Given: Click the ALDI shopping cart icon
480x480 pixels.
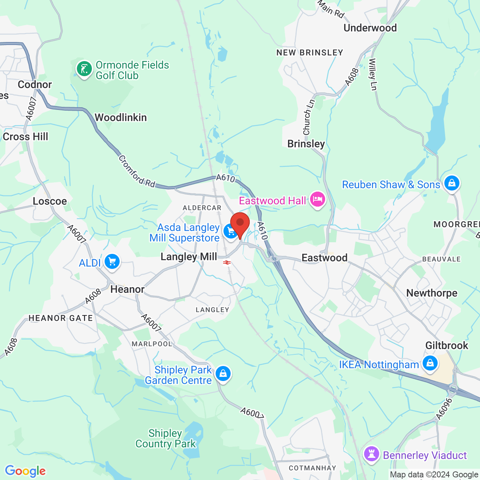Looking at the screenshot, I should tap(112, 262).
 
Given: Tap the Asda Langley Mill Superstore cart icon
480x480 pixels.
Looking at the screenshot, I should tap(230, 231).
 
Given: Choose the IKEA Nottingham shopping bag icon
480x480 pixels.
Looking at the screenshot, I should tap(430, 363).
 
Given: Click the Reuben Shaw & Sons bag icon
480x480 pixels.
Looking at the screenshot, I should tap(451, 183).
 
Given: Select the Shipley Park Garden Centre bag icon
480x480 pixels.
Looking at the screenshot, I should tap(223, 373).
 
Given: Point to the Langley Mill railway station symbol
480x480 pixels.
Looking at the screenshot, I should tap(227, 262).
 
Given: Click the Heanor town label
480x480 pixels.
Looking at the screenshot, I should tap(127, 289).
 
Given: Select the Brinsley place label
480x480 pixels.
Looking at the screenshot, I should tap(306, 144).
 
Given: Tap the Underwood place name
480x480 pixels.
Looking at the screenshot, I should tap(370, 28).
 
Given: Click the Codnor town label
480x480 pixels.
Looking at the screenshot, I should tap(35, 85).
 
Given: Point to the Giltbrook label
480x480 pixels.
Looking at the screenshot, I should tap(447, 345).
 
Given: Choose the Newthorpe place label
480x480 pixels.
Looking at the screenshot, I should tap(432, 293).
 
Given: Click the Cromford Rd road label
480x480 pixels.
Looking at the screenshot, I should tap(137, 171).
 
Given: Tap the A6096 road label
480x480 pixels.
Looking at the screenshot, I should tap(444, 409).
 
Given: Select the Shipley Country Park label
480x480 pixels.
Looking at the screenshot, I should tap(165, 439).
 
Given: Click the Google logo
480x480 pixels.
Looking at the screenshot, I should tap(25, 471).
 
